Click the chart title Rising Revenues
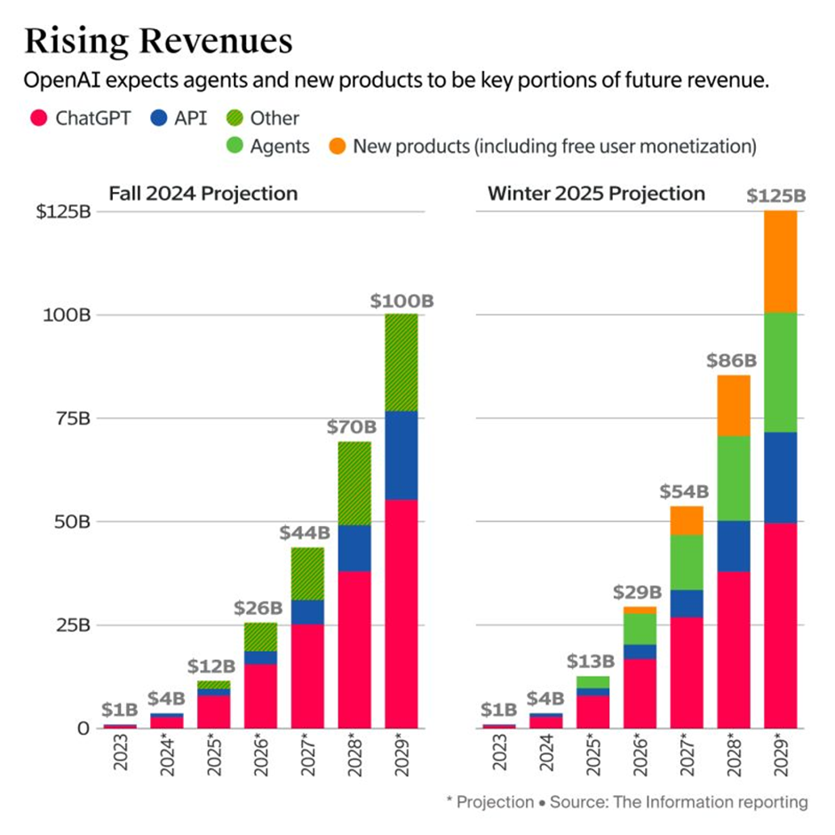coord(157,41)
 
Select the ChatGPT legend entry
coord(81,118)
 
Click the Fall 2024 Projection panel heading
coord(203,193)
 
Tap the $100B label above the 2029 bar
coord(401,300)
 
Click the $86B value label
coord(733,361)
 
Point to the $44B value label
coord(306,533)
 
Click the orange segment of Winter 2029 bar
coord(780,261)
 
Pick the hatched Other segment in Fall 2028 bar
coord(354,483)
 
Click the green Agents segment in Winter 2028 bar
coord(733,478)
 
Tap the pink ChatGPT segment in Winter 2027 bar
coord(687,672)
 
